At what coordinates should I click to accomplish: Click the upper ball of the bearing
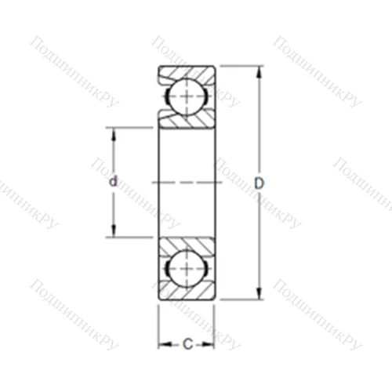(187, 96)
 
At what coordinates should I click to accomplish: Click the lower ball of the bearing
(187, 268)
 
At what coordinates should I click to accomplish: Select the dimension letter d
(113, 182)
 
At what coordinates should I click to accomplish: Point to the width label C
(187, 343)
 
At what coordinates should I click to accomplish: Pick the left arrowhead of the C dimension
(162, 343)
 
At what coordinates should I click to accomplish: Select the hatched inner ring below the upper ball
(188, 121)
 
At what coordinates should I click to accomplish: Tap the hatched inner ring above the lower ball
(188, 243)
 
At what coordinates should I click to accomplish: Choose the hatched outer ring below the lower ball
(187, 292)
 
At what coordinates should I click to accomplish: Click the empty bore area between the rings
(187, 157)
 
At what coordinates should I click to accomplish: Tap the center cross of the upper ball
(187, 96)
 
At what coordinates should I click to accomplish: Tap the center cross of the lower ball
(187, 268)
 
